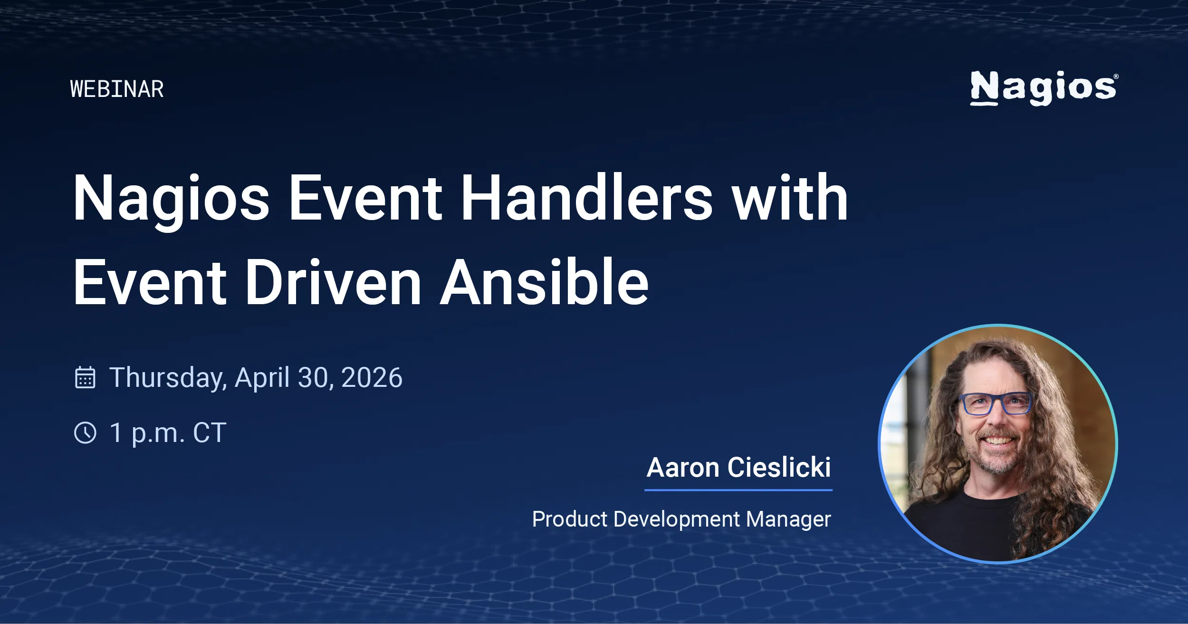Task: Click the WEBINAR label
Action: click(117, 89)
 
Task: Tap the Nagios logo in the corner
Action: click(1044, 88)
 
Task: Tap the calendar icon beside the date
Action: click(86, 378)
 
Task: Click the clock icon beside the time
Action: click(86, 433)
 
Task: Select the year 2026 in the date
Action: click(372, 378)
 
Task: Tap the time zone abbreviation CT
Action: click(210, 433)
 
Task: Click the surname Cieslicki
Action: click(779, 468)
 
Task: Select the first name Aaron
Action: click(683, 468)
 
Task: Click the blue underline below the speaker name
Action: click(738, 490)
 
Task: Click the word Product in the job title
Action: click(570, 519)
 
